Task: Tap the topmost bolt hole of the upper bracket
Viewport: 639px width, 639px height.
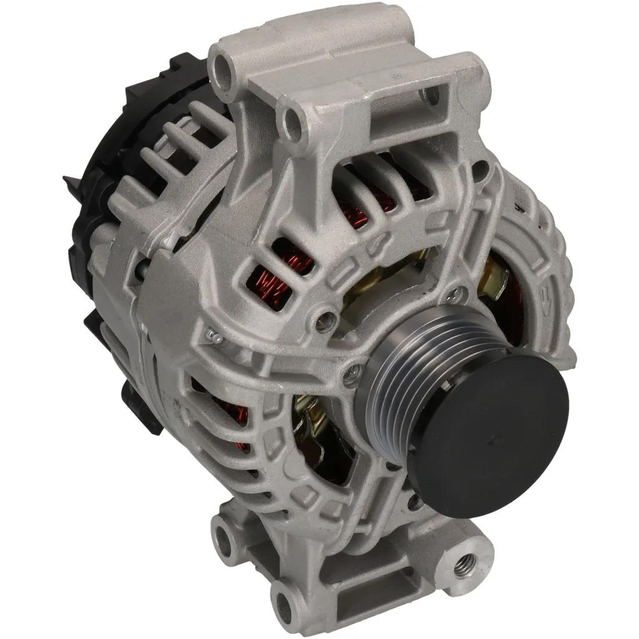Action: [x=223, y=65]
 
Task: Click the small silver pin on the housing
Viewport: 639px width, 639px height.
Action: [x=213, y=337]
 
